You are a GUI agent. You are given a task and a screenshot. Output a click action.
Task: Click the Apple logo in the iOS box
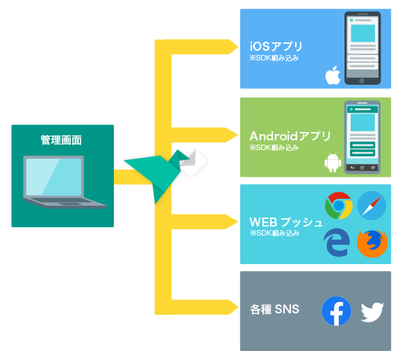coord(333,76)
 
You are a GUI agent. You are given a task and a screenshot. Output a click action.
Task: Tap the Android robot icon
coord(333,163)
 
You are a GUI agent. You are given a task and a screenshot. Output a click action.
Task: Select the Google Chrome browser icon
coord(339,206)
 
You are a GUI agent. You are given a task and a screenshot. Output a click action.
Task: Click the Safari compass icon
coord(372,206)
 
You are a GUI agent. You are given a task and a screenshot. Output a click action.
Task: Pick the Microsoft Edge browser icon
coord(337,243)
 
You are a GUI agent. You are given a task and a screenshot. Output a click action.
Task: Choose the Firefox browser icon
coord(372,243)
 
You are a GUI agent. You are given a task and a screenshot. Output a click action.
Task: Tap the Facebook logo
coord(336,311)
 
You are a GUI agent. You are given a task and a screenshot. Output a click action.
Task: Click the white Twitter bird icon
coord(372,312)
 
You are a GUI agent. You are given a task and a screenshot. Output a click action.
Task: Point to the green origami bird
coord(157,174)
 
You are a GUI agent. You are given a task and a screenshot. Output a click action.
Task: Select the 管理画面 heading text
coord(61,140)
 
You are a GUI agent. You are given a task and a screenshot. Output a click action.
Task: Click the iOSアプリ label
coord(276,47)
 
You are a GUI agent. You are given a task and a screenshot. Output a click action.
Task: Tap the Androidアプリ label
coord(290,136)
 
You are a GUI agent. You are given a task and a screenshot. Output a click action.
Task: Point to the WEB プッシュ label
coord(286,222)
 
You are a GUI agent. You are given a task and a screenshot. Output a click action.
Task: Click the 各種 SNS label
coord(274,309)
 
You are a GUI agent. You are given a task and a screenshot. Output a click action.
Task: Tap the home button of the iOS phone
coord(362,81)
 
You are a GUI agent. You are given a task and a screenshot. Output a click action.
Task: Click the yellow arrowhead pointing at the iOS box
coord(233,47)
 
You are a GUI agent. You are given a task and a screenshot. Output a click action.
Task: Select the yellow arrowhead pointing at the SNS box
coord(233,307)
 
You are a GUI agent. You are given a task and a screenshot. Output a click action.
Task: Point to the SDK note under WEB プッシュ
coord(274,233)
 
